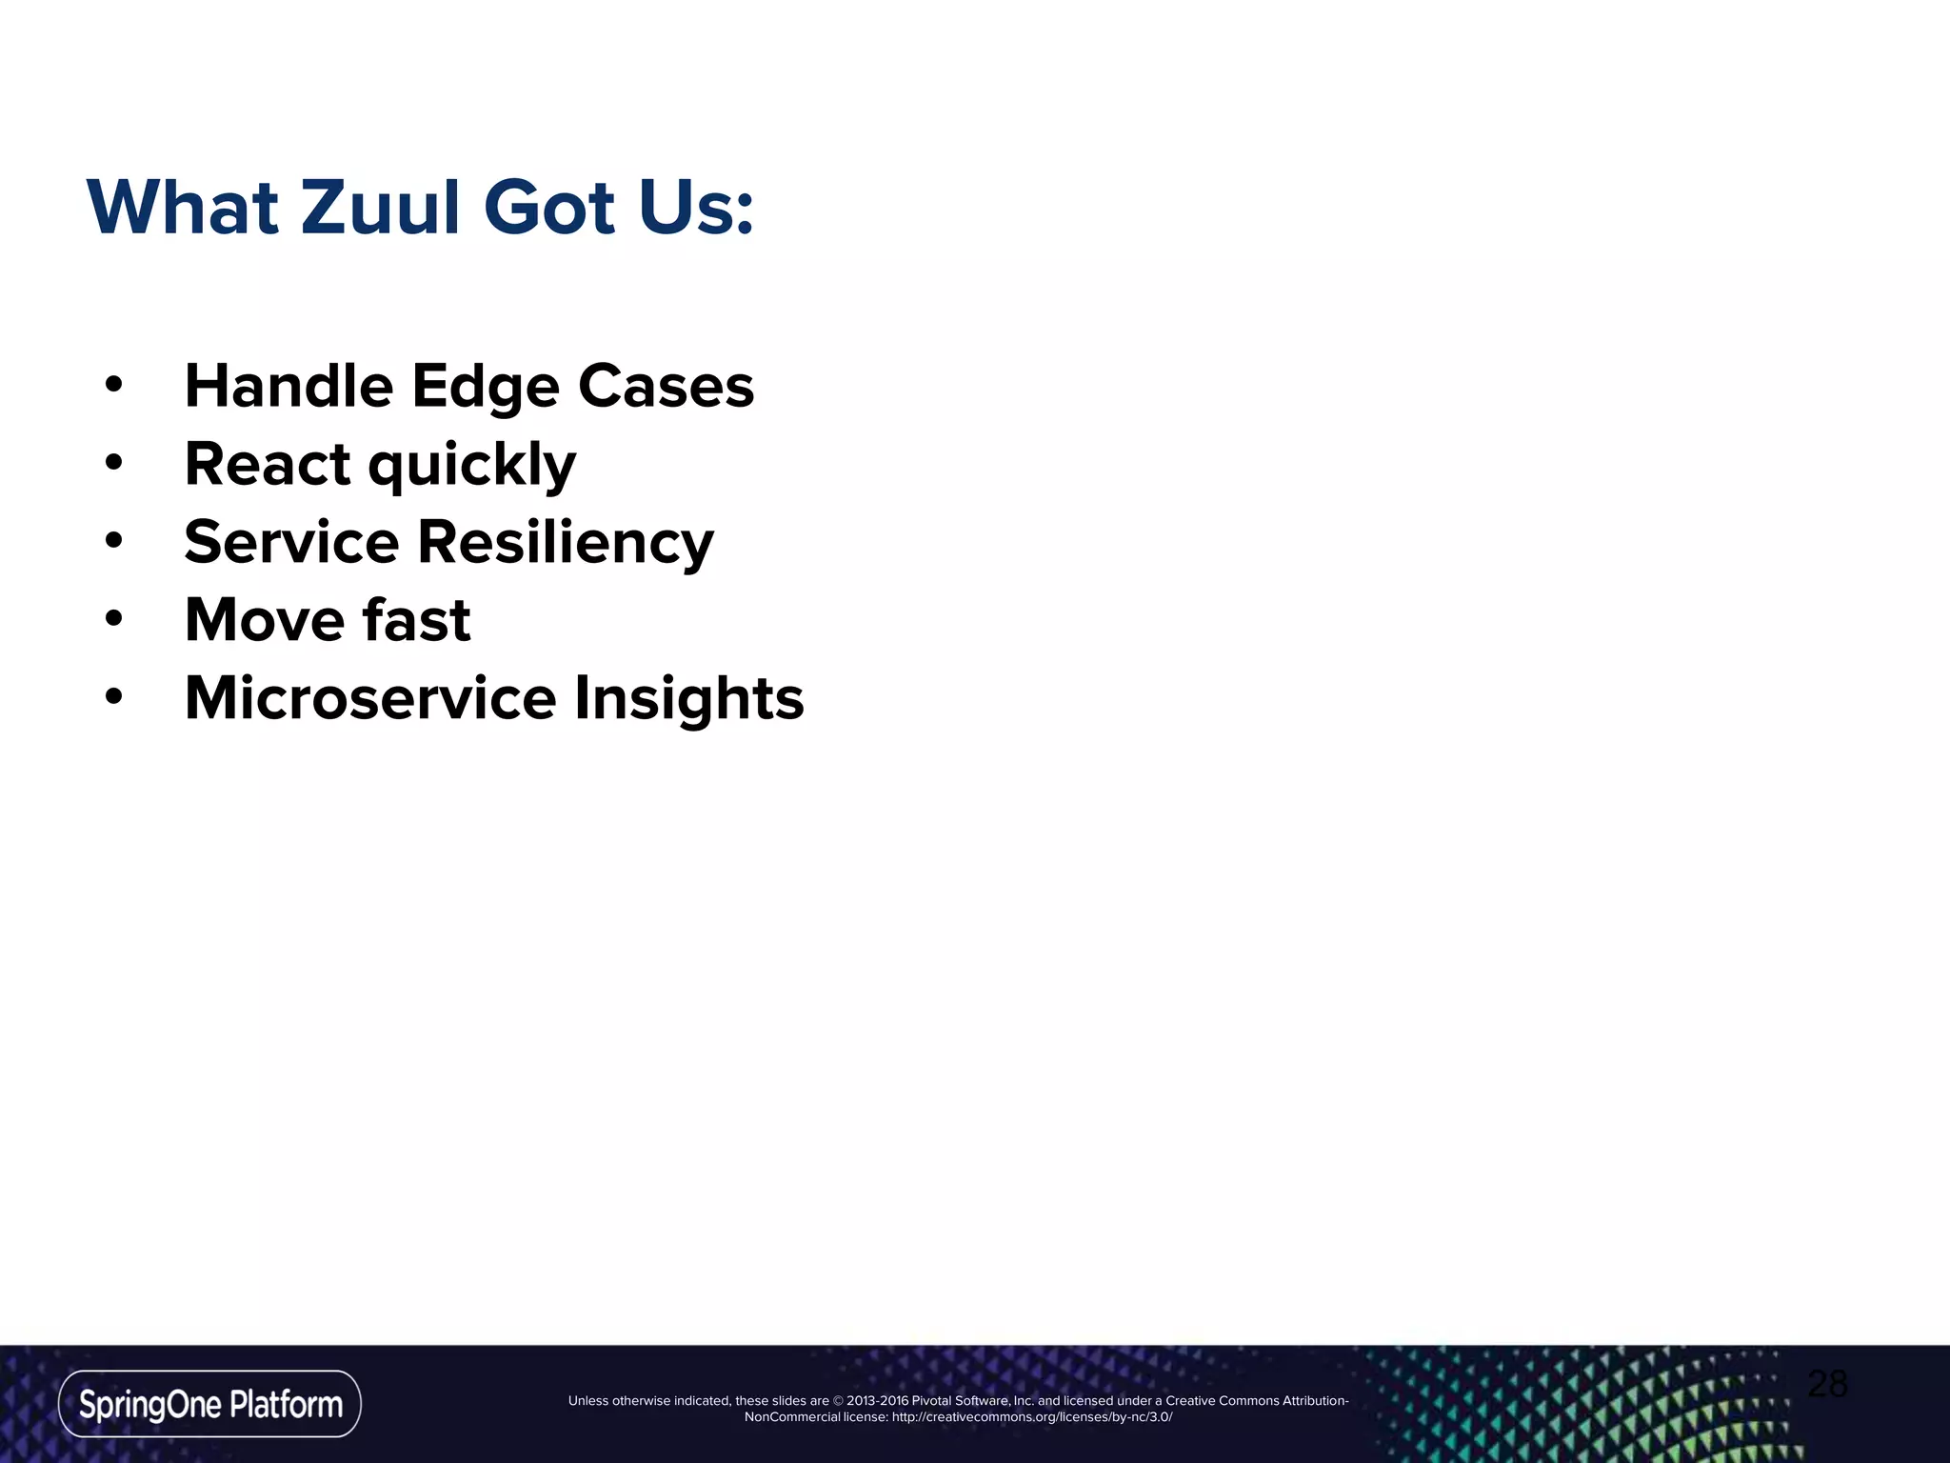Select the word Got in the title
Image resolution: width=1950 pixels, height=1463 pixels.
click(549, 208)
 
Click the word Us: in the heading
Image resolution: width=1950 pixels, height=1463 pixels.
click(696, 208)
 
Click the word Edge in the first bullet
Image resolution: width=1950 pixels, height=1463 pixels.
click(485, 388)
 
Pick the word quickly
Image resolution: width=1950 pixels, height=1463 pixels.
click(472, 467)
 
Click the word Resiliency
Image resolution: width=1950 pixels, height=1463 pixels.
click(566, 543)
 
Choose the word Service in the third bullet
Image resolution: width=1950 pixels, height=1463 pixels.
click(291, 542)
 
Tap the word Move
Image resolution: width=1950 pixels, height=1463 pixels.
click(265, 620)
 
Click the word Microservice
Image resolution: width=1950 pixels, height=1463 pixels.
click(369, 698)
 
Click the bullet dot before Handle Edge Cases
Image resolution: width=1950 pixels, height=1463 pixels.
click(114, 386)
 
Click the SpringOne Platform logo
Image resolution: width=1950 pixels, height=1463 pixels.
click(209, 1404)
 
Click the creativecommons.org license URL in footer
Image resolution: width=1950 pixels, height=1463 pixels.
click(1032, 1417)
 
